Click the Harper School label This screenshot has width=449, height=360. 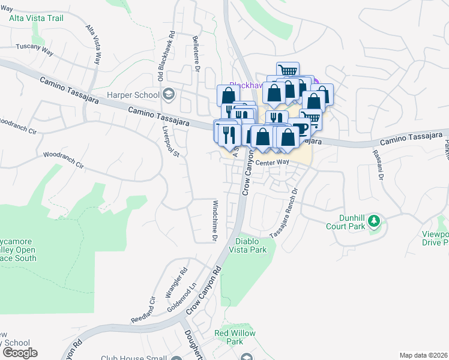point(133,95)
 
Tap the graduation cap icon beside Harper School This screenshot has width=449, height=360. point(168,94)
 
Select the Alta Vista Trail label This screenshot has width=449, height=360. point(37,19)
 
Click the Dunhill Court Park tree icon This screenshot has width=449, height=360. point(375,221)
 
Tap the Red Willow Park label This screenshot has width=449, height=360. point(235,337)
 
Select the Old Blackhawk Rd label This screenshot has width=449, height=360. point(161,56)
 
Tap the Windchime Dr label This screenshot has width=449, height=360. point(214,220)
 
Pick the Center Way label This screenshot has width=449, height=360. point(273,163)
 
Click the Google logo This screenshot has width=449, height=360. point(19,352)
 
